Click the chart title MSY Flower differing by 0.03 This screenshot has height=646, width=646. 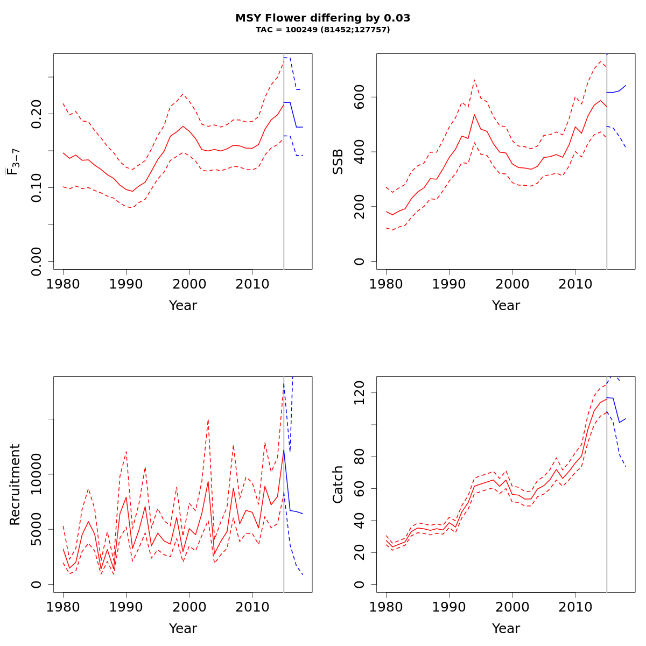point(322,18)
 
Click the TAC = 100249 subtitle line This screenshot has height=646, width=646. point(322,30)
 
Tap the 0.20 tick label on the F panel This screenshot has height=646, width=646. point(37,114)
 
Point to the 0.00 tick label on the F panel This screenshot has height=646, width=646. point(37,261)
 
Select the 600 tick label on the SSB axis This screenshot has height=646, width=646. point(360,97)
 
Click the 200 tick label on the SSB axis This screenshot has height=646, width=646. point(360,207)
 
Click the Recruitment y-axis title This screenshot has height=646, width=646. point(15,484)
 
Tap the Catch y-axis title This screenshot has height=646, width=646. point(338,484)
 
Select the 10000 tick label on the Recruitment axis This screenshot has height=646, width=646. point(37,474)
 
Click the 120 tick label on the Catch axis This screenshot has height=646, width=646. point(360,393)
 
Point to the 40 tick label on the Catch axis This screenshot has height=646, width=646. point(360,521)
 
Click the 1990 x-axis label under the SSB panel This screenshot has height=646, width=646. point(449,285)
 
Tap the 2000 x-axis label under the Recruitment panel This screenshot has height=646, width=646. point(189,608)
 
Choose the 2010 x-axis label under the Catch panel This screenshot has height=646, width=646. point(575,608)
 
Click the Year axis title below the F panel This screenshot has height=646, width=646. point(183,306)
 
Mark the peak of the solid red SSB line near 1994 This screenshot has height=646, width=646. point(474,114)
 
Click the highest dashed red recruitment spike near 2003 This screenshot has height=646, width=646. point(208,419)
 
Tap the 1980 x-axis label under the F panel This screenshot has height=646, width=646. point(63,285)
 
